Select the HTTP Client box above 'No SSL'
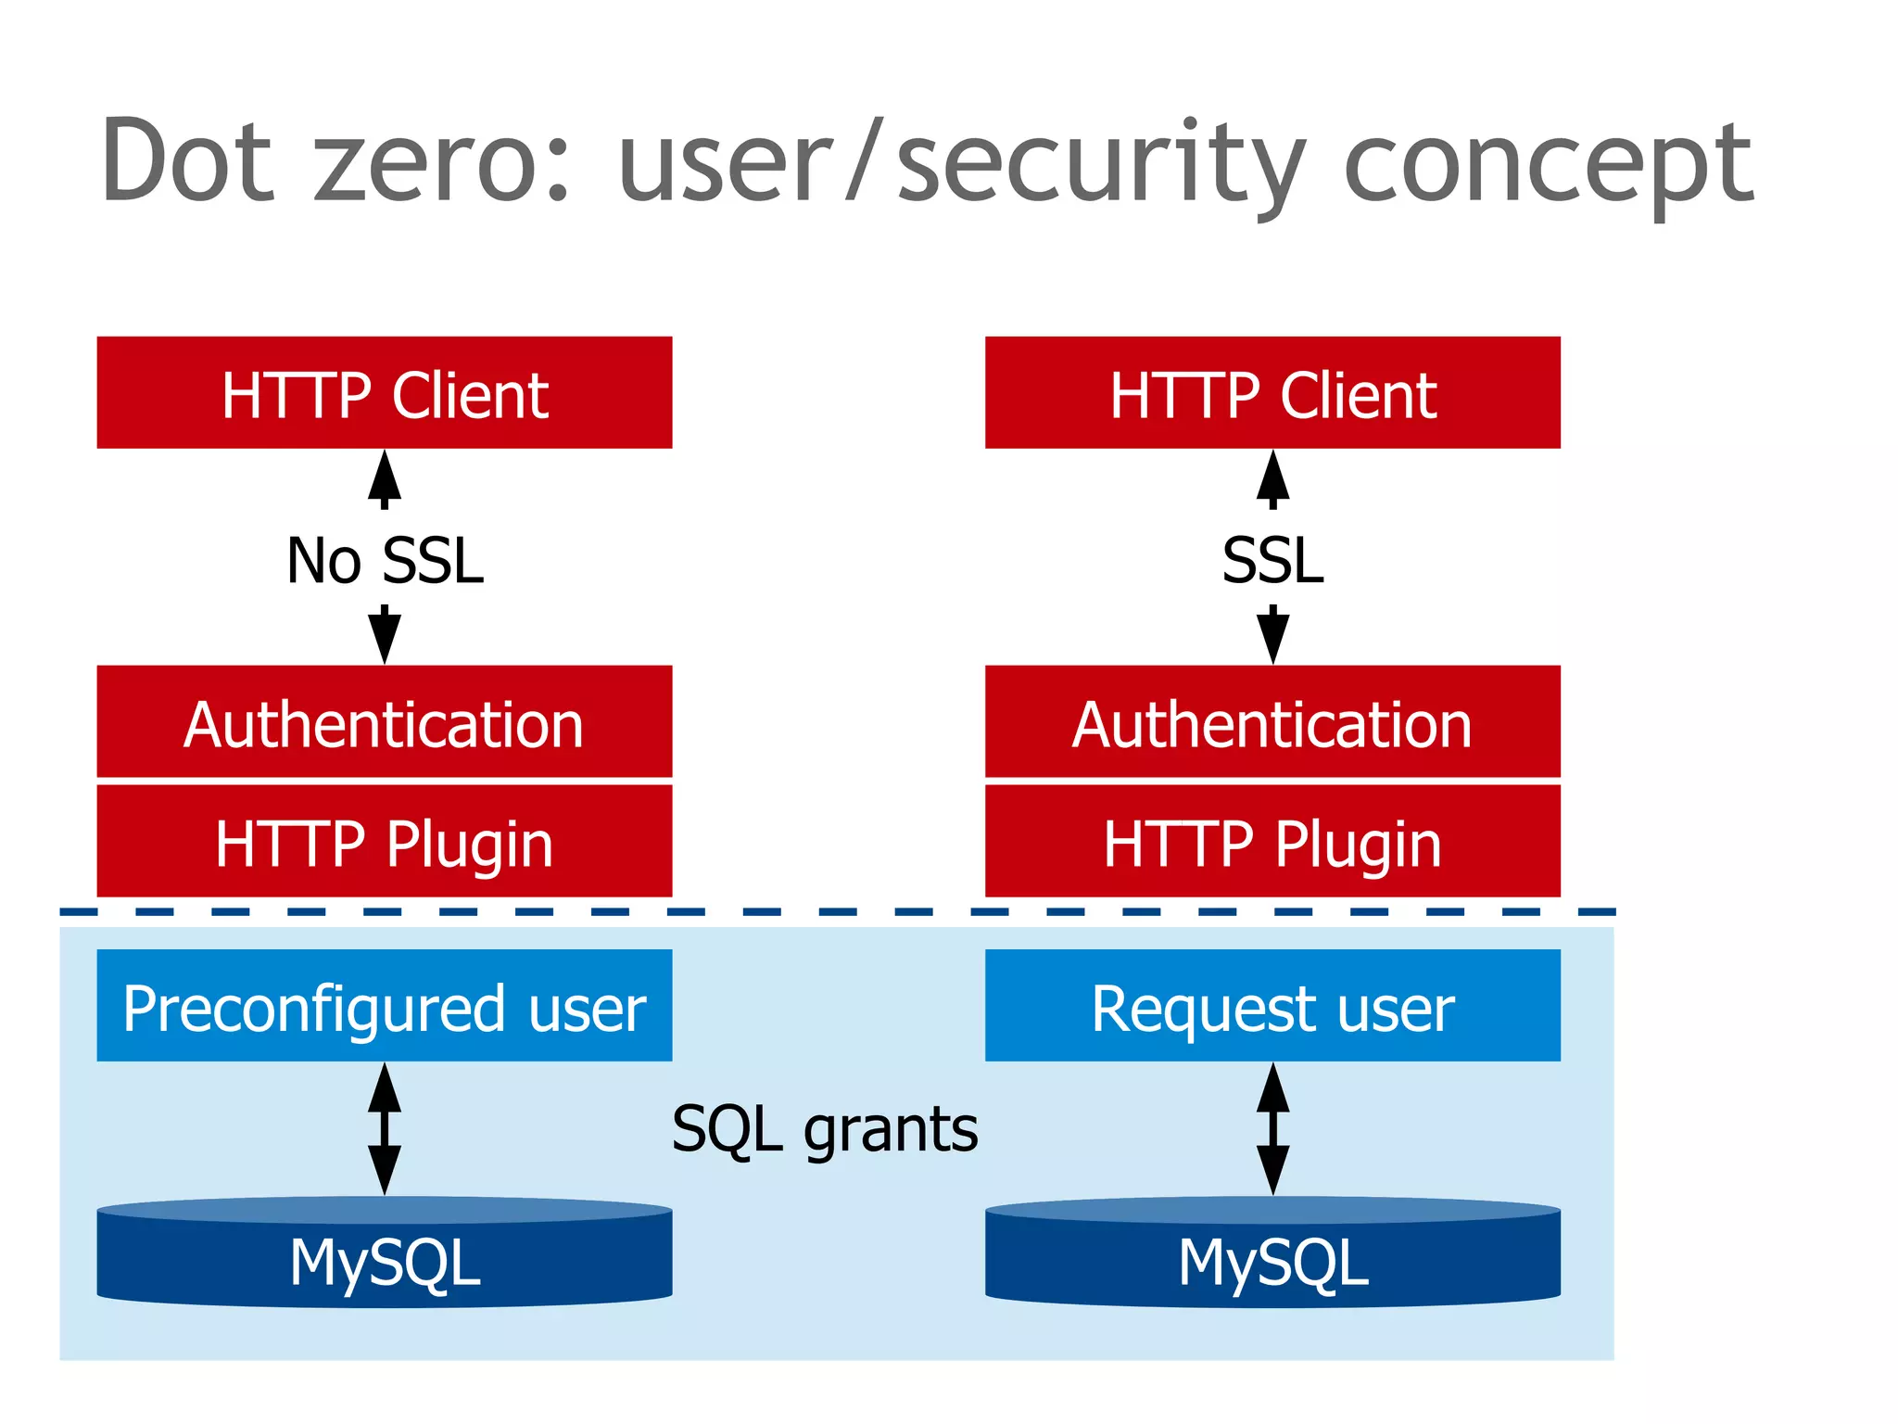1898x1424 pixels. (x=384, y=393)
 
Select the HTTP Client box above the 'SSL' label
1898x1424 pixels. (x=1272, y=393)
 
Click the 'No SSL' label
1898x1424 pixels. (x=385, y=560)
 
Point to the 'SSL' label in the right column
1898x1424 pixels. (x=1272, y=560)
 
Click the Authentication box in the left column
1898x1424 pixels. (x=384, y=722)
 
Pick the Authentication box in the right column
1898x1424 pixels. (x=1272, y=722)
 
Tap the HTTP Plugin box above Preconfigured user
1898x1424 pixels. (x=384, y=842)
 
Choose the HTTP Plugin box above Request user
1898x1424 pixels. (x=1272, y=842)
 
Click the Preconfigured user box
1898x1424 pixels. (x=384, y=1006)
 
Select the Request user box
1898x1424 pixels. (x=1272, y=1006)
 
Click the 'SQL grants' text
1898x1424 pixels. (x=824, y=1129)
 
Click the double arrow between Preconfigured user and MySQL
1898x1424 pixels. (x=384, y=1128)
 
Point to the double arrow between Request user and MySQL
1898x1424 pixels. (x=1272, y=1128)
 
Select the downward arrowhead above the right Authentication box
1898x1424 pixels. (x=1272, y=638)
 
